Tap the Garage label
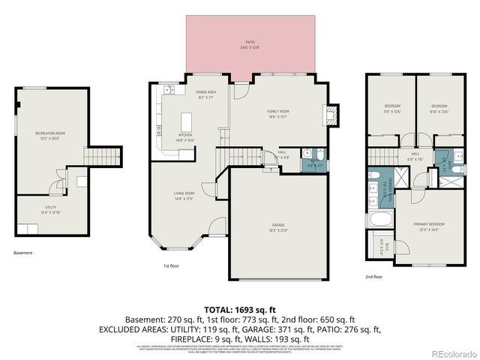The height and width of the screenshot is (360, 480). click(x=277, y=226)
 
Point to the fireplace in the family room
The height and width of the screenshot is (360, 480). click(x=327, y=114)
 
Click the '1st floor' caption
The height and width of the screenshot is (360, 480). click(x=172, y=265)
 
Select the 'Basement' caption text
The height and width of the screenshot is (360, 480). click(x=23, y=253)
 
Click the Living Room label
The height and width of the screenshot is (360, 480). click(x=184, y=196)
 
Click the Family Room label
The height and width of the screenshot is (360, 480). click(x=278, y=114)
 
